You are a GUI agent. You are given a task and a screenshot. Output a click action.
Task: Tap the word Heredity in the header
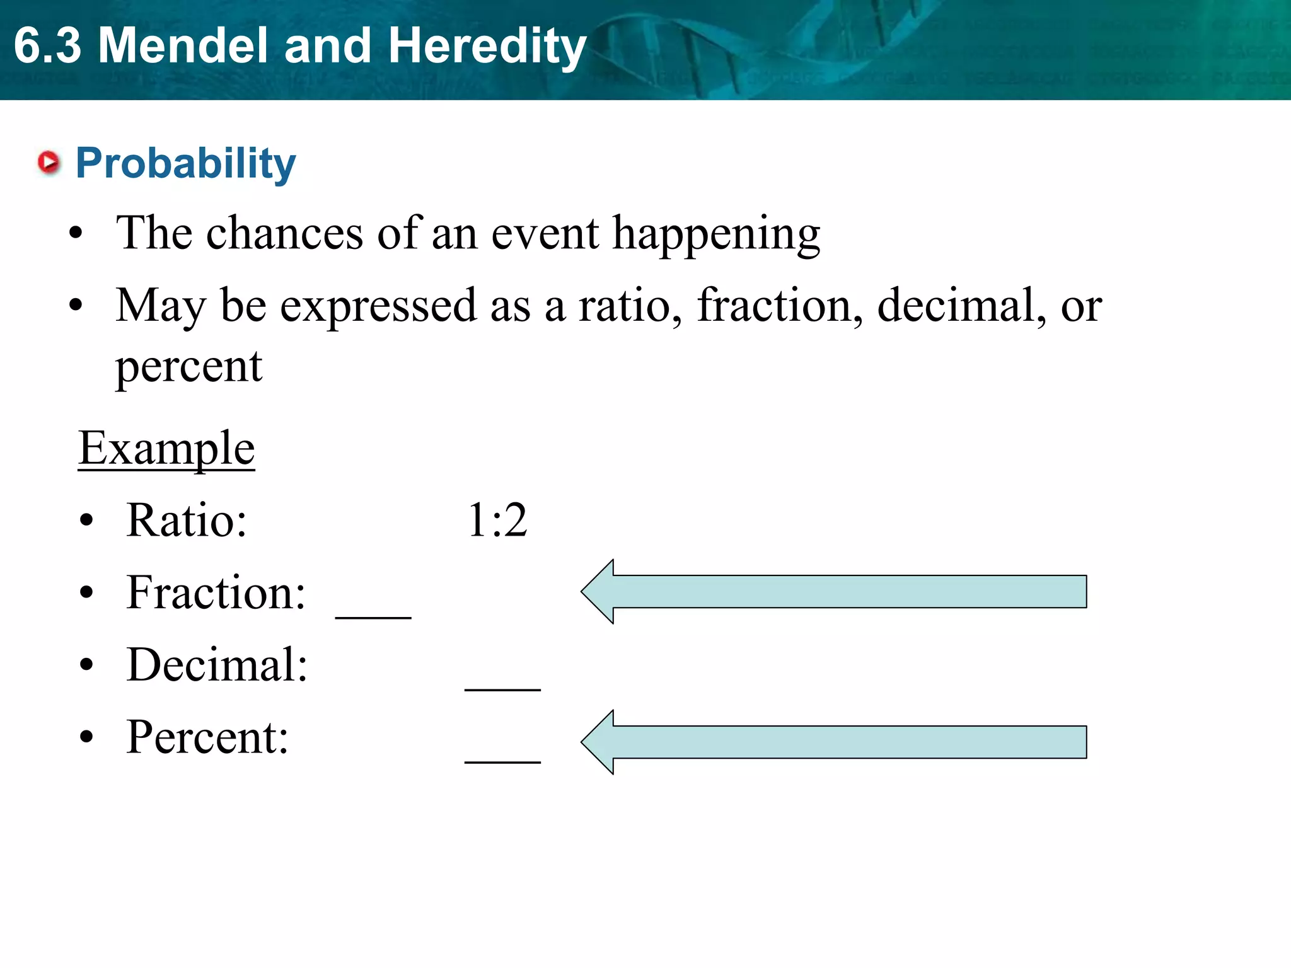pyautogui.click(x=487, y=47)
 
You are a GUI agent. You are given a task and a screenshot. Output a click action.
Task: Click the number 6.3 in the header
pyautogui.click(x=48, y=45)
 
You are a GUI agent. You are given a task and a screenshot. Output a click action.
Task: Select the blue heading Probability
pyautogui.click(x=185, y=163)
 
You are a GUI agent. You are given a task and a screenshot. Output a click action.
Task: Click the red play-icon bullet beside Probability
pyautogui.click(x=49, y=163)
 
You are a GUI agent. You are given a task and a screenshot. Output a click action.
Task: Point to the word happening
pyautogui.click(x=716, y=234)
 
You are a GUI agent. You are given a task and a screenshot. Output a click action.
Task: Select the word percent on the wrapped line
pyautogui.click(x=188, y=367)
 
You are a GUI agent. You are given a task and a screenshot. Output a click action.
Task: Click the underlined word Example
pyautogui.click(x=166, y=448)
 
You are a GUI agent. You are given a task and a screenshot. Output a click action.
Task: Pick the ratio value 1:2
pyautogui.click(x=497, y=521)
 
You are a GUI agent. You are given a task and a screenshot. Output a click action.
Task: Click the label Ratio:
pyautogui.click(x=187, y=521)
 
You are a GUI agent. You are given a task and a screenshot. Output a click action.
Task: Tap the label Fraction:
pyautogui.click(x=216, y=593)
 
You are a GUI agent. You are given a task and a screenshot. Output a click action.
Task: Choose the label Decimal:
pyautogui.click(x=217, y=665)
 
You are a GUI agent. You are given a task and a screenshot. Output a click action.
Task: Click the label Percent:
pyautogui.click(x=207, y=737)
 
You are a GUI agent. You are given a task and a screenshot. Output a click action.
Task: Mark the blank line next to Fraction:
pyautogui.click(x=373, y=616)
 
